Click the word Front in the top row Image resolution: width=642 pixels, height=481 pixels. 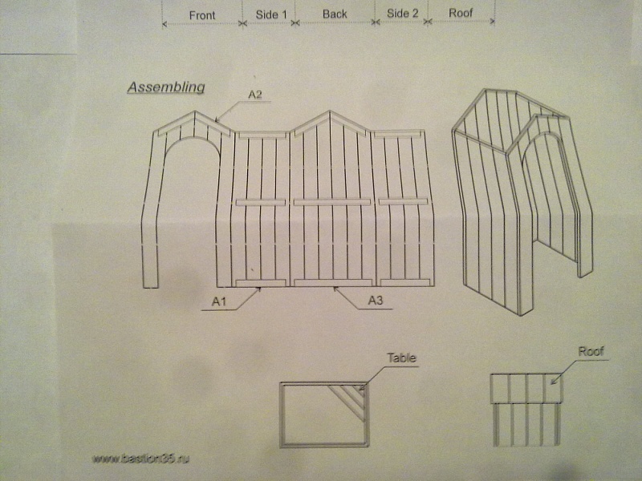coord(202,15)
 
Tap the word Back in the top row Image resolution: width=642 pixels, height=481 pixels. coord(335,14)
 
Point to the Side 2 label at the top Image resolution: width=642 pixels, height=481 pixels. coord(402,14)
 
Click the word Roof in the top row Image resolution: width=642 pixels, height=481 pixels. coord(461,14)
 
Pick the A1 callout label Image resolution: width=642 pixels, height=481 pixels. coord(218,301)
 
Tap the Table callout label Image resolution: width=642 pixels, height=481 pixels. coord(402,358)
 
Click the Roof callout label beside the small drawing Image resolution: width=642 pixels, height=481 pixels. coord(591,351)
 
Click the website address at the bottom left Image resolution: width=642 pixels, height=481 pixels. coord(144,459)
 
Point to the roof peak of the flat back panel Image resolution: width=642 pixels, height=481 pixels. coord(330,112)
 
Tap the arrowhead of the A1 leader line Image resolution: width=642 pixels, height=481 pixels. coord(261,288)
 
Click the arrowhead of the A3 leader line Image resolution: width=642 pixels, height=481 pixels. coord(335,288)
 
